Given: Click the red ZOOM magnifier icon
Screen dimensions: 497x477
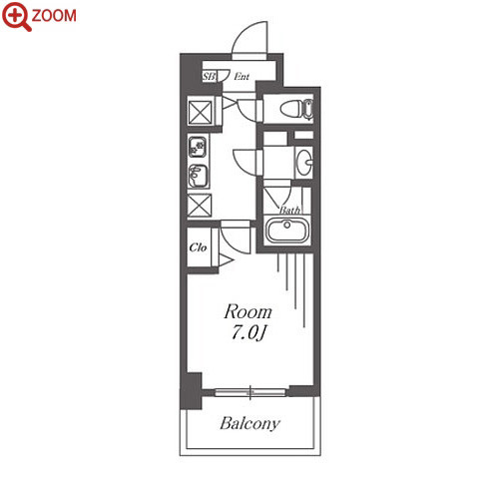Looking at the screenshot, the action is [16, 16].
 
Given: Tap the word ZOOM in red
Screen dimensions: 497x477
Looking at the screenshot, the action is [54, 16].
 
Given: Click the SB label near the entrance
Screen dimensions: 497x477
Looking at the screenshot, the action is [209, 77].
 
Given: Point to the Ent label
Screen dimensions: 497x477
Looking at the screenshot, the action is [242, 77].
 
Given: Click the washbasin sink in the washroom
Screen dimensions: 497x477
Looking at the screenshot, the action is [304, 163].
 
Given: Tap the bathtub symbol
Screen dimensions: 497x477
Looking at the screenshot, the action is [287, 231].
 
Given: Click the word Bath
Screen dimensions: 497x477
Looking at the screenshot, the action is [289, 210].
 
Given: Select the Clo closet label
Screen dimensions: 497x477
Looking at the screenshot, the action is [198, 247].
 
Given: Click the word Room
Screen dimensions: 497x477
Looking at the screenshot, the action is [248, 312].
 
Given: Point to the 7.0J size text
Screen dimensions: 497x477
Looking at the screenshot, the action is [248, 332].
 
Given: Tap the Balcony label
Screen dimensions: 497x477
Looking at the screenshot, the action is [249, 423].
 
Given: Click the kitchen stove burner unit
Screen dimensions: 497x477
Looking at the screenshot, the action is [198, 147].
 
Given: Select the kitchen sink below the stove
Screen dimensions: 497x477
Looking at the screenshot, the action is [199, 176].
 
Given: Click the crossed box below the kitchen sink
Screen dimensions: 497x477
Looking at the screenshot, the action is [200, 206].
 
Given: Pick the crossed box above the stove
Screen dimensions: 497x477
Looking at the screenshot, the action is [201, 113].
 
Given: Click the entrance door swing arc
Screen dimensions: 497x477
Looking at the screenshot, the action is [242, 32].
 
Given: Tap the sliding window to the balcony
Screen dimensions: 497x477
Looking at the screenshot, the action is [250, 392].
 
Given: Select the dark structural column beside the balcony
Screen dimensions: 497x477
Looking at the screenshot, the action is [191, 391].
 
